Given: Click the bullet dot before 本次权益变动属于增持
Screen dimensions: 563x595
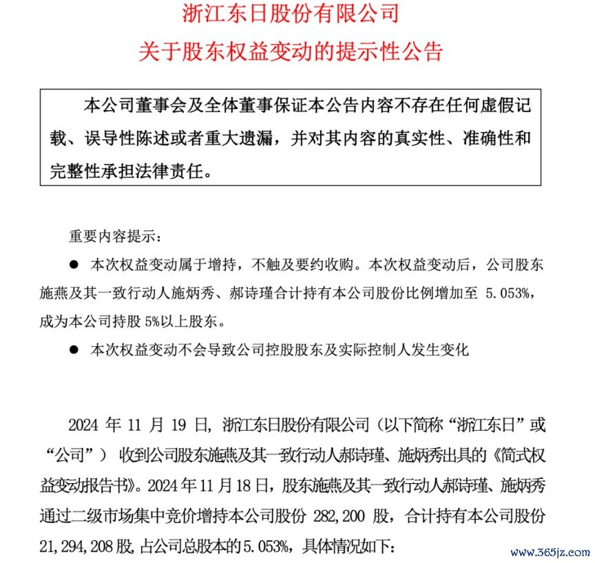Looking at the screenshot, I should click(x=74, y=264).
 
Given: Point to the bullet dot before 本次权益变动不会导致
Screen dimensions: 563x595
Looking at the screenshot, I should click(x=74, y=350).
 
